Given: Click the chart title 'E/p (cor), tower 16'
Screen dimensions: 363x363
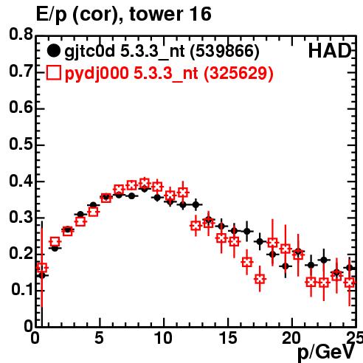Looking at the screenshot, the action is click(124, 14).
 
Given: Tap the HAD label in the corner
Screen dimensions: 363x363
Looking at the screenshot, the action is click(330, 51).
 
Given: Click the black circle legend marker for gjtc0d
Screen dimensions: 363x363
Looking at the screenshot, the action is click(53, 51).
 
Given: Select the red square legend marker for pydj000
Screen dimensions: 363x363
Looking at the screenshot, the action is click(53, 73).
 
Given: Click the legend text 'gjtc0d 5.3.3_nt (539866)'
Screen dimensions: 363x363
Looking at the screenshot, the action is click(162, 52).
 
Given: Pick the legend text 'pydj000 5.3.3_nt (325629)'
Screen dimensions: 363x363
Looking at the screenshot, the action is click(169, 74).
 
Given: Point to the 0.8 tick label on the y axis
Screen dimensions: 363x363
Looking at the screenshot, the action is click(21, 35).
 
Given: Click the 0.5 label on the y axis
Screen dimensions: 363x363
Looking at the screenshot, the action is click(21, 144).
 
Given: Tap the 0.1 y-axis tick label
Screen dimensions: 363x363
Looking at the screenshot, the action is click(21, 290).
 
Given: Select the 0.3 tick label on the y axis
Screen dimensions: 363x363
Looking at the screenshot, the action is click(21, 217).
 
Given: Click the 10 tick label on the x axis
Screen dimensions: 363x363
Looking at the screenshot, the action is click(163, 338).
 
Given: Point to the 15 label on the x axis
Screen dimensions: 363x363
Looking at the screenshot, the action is click(228, 338).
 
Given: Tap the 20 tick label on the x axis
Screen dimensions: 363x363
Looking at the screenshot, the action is click(291, 338).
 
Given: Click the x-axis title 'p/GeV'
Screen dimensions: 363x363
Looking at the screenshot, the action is click(326, 352).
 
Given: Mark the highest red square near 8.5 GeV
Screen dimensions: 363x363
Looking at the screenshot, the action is click(145, 183).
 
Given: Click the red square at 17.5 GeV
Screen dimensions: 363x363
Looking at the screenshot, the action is click(260, 279).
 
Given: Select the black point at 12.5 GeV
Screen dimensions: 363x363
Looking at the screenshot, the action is click(196, 204).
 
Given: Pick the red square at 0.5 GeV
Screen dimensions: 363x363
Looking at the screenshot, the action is click(42, 268).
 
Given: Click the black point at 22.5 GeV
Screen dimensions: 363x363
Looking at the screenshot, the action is click(324, 260).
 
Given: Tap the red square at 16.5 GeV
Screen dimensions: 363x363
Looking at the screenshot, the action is click(247, 262).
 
